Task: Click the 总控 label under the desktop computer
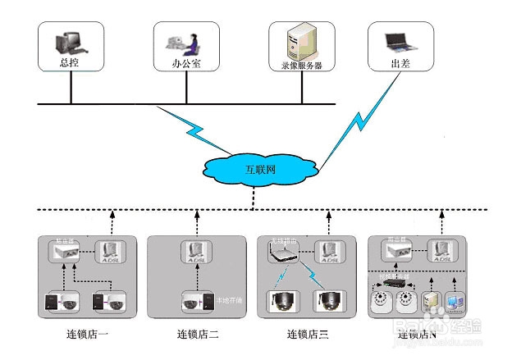point(70,62)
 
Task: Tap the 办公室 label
point(185,62)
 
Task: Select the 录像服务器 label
point(301,63)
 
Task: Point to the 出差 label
point(400,62)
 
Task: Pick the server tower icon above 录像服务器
point(298,38)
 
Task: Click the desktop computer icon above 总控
point(67,41)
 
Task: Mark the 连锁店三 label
point(308,335)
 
